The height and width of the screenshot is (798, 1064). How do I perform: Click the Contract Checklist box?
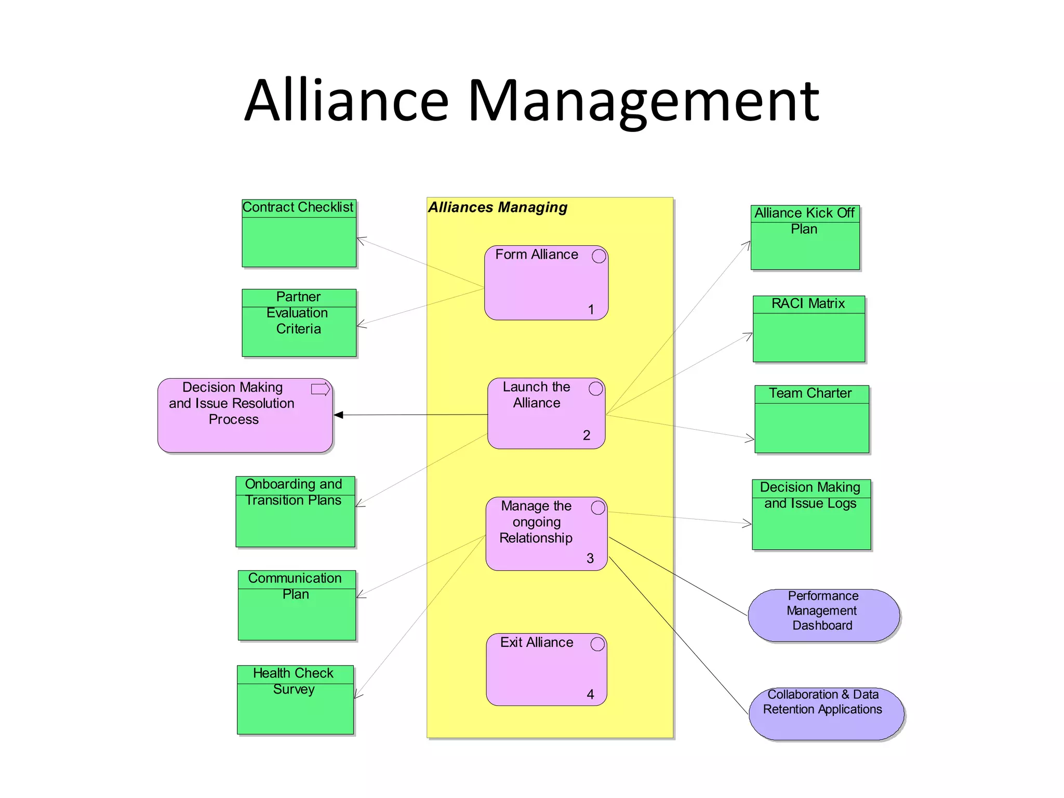click(299, 233)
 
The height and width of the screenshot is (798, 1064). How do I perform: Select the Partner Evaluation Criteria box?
click(299, 323)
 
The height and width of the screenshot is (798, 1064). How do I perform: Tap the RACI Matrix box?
click(808, 329)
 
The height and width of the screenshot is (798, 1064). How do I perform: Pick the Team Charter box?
click(812, 419)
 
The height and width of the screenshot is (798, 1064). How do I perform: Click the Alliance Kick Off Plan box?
click(805, 237)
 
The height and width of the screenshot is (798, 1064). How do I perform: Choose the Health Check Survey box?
click(295, 699)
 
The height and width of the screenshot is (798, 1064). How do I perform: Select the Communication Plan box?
click(297, 605)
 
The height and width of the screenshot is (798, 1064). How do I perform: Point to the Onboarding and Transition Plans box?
click(295, 511)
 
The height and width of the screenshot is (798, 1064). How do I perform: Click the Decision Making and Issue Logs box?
click(811, 514)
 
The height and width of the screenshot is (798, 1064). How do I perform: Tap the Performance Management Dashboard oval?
click(823, 615)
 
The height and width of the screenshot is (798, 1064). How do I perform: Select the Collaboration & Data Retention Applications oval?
click(826, 713)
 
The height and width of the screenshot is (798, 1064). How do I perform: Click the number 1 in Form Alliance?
click(591, 310)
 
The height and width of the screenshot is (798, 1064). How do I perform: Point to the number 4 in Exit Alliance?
click(590, 695)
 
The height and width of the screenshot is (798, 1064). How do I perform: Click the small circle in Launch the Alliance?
click(596, 389)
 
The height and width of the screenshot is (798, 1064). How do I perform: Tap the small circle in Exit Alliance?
click(597, 644)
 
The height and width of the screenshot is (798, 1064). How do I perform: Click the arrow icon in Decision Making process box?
click(321, 389)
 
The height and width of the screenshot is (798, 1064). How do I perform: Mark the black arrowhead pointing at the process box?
click(339, 415)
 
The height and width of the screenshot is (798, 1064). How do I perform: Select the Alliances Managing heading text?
click(497, 207)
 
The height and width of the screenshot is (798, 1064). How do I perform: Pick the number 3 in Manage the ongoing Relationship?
click(590, 558)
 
